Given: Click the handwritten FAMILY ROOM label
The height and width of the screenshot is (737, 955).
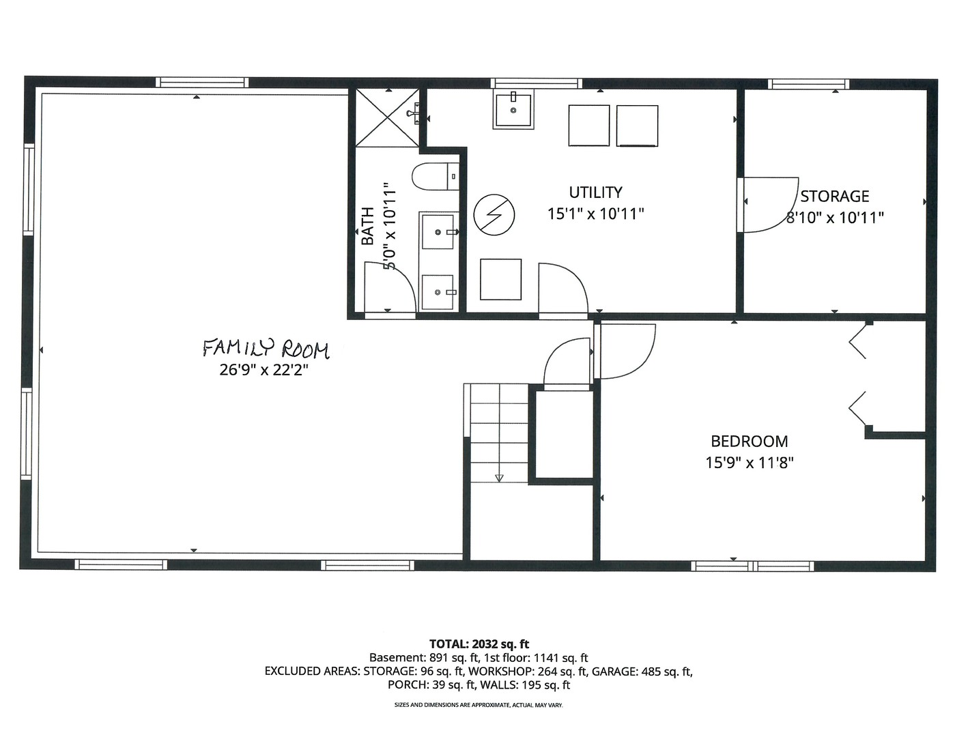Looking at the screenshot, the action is (x=266, y=349).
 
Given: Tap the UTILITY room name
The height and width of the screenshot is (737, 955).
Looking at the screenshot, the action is (x=595, y=192).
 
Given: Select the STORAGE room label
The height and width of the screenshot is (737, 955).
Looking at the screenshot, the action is (x=835, y=196).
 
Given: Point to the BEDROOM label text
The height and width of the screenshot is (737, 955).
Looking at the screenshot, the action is (x=750, y=441).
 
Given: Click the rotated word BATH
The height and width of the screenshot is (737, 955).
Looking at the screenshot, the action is (x=367, y=225).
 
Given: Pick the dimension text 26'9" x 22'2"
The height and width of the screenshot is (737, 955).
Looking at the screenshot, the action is (x=263, y=371).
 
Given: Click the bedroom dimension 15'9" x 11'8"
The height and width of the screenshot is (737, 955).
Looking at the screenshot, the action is (x=750, y=463).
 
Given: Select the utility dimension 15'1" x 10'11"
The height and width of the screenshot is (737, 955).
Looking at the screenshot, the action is (x=595, y=214).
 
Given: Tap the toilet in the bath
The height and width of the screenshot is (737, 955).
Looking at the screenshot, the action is (x=435, y=176).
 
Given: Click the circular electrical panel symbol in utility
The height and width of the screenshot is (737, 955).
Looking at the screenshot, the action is (x=494, y=214).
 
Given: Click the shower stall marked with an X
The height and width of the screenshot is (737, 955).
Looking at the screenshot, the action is (x=387, y=117).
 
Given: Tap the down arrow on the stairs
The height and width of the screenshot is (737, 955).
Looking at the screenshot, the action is (x=499, y=478).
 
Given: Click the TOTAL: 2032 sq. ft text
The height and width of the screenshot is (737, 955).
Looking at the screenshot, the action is (x=479, y=644).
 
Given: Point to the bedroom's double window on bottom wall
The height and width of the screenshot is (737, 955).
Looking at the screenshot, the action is (x=752, y=566).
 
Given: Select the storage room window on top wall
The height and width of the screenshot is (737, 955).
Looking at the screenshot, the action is (x=808, y=84).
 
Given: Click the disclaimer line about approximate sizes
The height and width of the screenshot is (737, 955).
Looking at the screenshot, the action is (x=479, y=705).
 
